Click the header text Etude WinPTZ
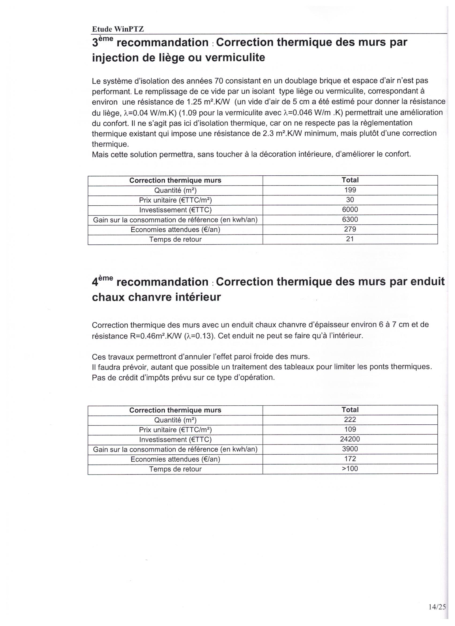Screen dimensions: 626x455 (118, 29)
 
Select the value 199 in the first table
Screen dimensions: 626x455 (350, 190)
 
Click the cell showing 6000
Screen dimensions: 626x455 (350, 209)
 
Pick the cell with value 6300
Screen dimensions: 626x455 (350, 220)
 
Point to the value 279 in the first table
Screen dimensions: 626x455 (350, 229)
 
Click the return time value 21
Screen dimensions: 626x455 (350, 239)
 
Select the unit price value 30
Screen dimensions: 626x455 (350, 199)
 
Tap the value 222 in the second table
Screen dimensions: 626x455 (350, 420)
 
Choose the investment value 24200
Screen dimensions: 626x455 (350, 439)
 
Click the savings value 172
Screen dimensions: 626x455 (350, 459)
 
